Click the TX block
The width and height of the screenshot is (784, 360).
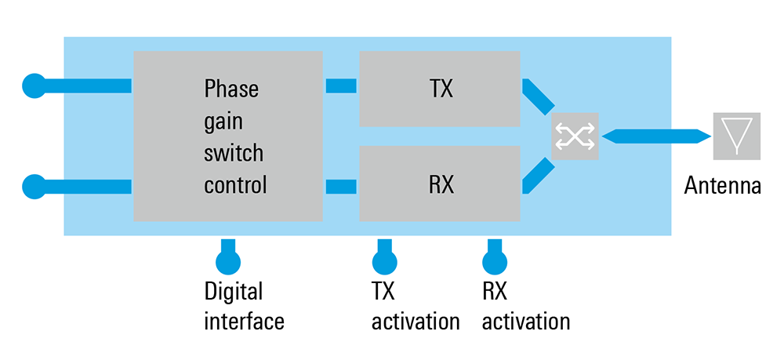coord(440,89)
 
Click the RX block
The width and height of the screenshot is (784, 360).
coord(440,184)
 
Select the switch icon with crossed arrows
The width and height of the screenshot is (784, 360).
coord(574,136)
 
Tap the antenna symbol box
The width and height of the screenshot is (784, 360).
coord(735,136)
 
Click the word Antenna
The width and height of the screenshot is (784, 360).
coord(722,187)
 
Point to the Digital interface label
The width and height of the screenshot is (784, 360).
coord(244,307)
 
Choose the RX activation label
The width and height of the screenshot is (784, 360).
coord(525,307)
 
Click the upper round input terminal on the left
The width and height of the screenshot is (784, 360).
coord(34,84)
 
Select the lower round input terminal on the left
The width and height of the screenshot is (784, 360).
coord(34,187)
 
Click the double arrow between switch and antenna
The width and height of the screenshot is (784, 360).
coord(654,136)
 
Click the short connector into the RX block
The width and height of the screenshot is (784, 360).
coord(340,187)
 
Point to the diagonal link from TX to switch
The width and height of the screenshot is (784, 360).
coord(539,96)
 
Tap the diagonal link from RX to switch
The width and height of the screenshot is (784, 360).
coord(539,176)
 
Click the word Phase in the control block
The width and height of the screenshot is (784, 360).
coord(230,89)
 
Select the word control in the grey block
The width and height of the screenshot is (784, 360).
coord(235,186)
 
